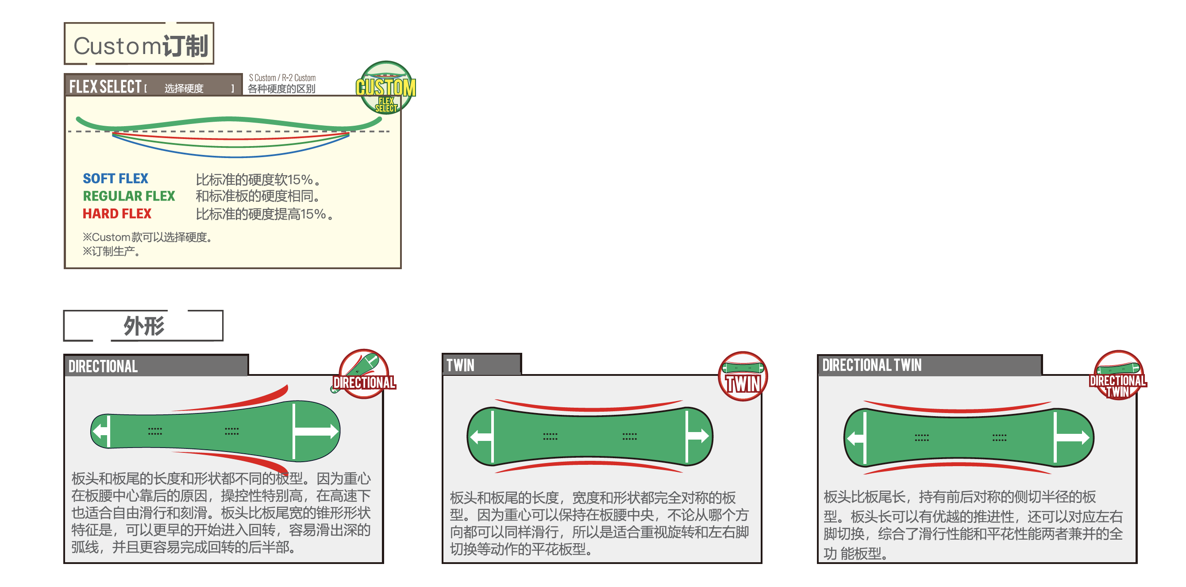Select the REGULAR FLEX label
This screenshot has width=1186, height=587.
(128, 196)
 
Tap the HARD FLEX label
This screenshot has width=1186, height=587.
(116, 214)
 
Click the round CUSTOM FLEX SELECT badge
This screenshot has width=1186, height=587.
(386, 88)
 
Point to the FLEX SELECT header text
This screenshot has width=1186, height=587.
(105, 87)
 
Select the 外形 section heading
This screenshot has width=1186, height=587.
(143, 326)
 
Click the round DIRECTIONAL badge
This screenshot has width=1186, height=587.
(364, 374)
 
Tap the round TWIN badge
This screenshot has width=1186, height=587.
(742, 376)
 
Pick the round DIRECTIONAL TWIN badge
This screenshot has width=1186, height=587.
(1117, 375)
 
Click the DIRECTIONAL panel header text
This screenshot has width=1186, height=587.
(103, 367)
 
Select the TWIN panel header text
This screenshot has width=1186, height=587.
(460, 366)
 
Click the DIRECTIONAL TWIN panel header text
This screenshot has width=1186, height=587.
(871, 366)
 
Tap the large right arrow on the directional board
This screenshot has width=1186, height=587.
(318, 431)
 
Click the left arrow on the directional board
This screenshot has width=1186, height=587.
(100, 431)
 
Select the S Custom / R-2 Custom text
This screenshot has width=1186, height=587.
(282, 78)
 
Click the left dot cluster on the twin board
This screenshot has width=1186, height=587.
(550, 436)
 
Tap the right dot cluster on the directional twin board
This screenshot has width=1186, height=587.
(999, 437)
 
